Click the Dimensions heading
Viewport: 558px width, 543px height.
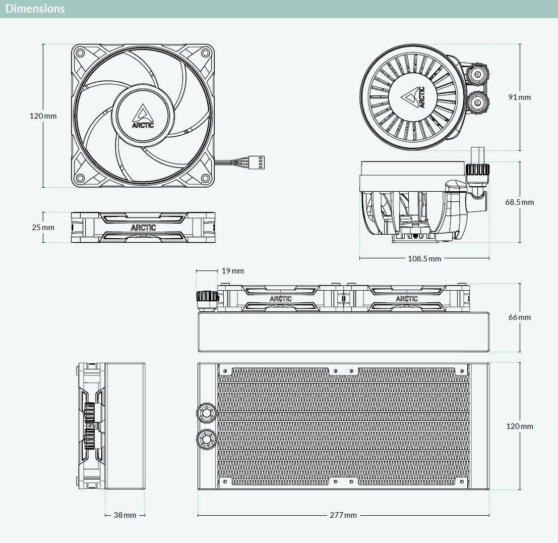[35, 9]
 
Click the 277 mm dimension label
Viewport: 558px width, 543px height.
[343, 515]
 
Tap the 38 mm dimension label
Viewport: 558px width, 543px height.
[125, 515]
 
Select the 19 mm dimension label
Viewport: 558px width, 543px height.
[233, 271]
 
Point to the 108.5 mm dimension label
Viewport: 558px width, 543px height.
[424, 259]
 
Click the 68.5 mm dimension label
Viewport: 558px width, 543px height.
[520, 202]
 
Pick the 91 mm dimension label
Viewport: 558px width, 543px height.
[520, 97]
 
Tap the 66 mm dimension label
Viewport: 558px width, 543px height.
[520, 317]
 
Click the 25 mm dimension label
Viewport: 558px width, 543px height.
[43, 227]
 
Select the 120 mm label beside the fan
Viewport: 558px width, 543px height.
[43, 116]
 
